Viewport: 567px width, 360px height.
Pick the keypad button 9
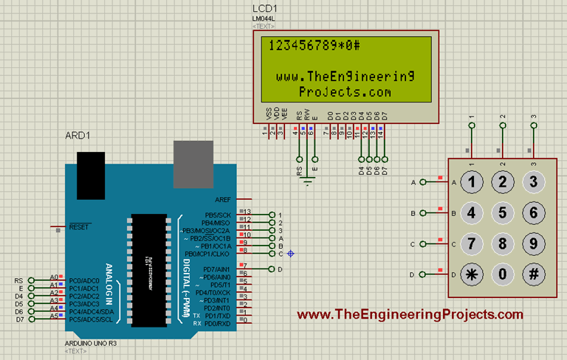click(x=531, y=243)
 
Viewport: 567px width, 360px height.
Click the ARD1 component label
click(x=78, y=136)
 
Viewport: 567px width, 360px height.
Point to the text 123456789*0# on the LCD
click(x=315, y=45)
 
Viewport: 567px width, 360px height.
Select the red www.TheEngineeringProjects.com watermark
click(x=409, y=315)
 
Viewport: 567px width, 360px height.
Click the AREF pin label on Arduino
click(x=222, y=200)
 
